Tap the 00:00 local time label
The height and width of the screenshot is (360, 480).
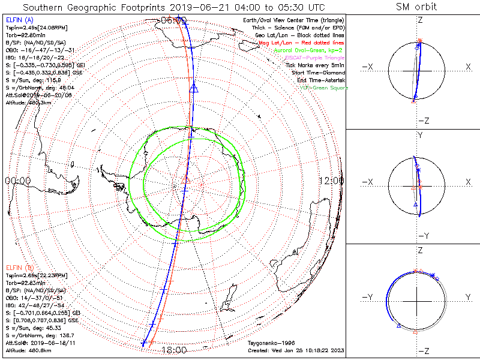click(17, 181)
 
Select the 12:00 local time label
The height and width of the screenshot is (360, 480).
click(331, 181)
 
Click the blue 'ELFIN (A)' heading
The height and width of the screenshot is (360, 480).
click(20, 20)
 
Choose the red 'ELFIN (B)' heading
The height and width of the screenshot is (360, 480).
click(20, 267)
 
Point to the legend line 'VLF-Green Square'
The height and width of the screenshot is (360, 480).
click(323, 88)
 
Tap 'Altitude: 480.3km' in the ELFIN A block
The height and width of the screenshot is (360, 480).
click(29, 103)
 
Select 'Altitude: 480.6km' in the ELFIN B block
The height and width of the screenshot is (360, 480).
click(29, 349)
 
